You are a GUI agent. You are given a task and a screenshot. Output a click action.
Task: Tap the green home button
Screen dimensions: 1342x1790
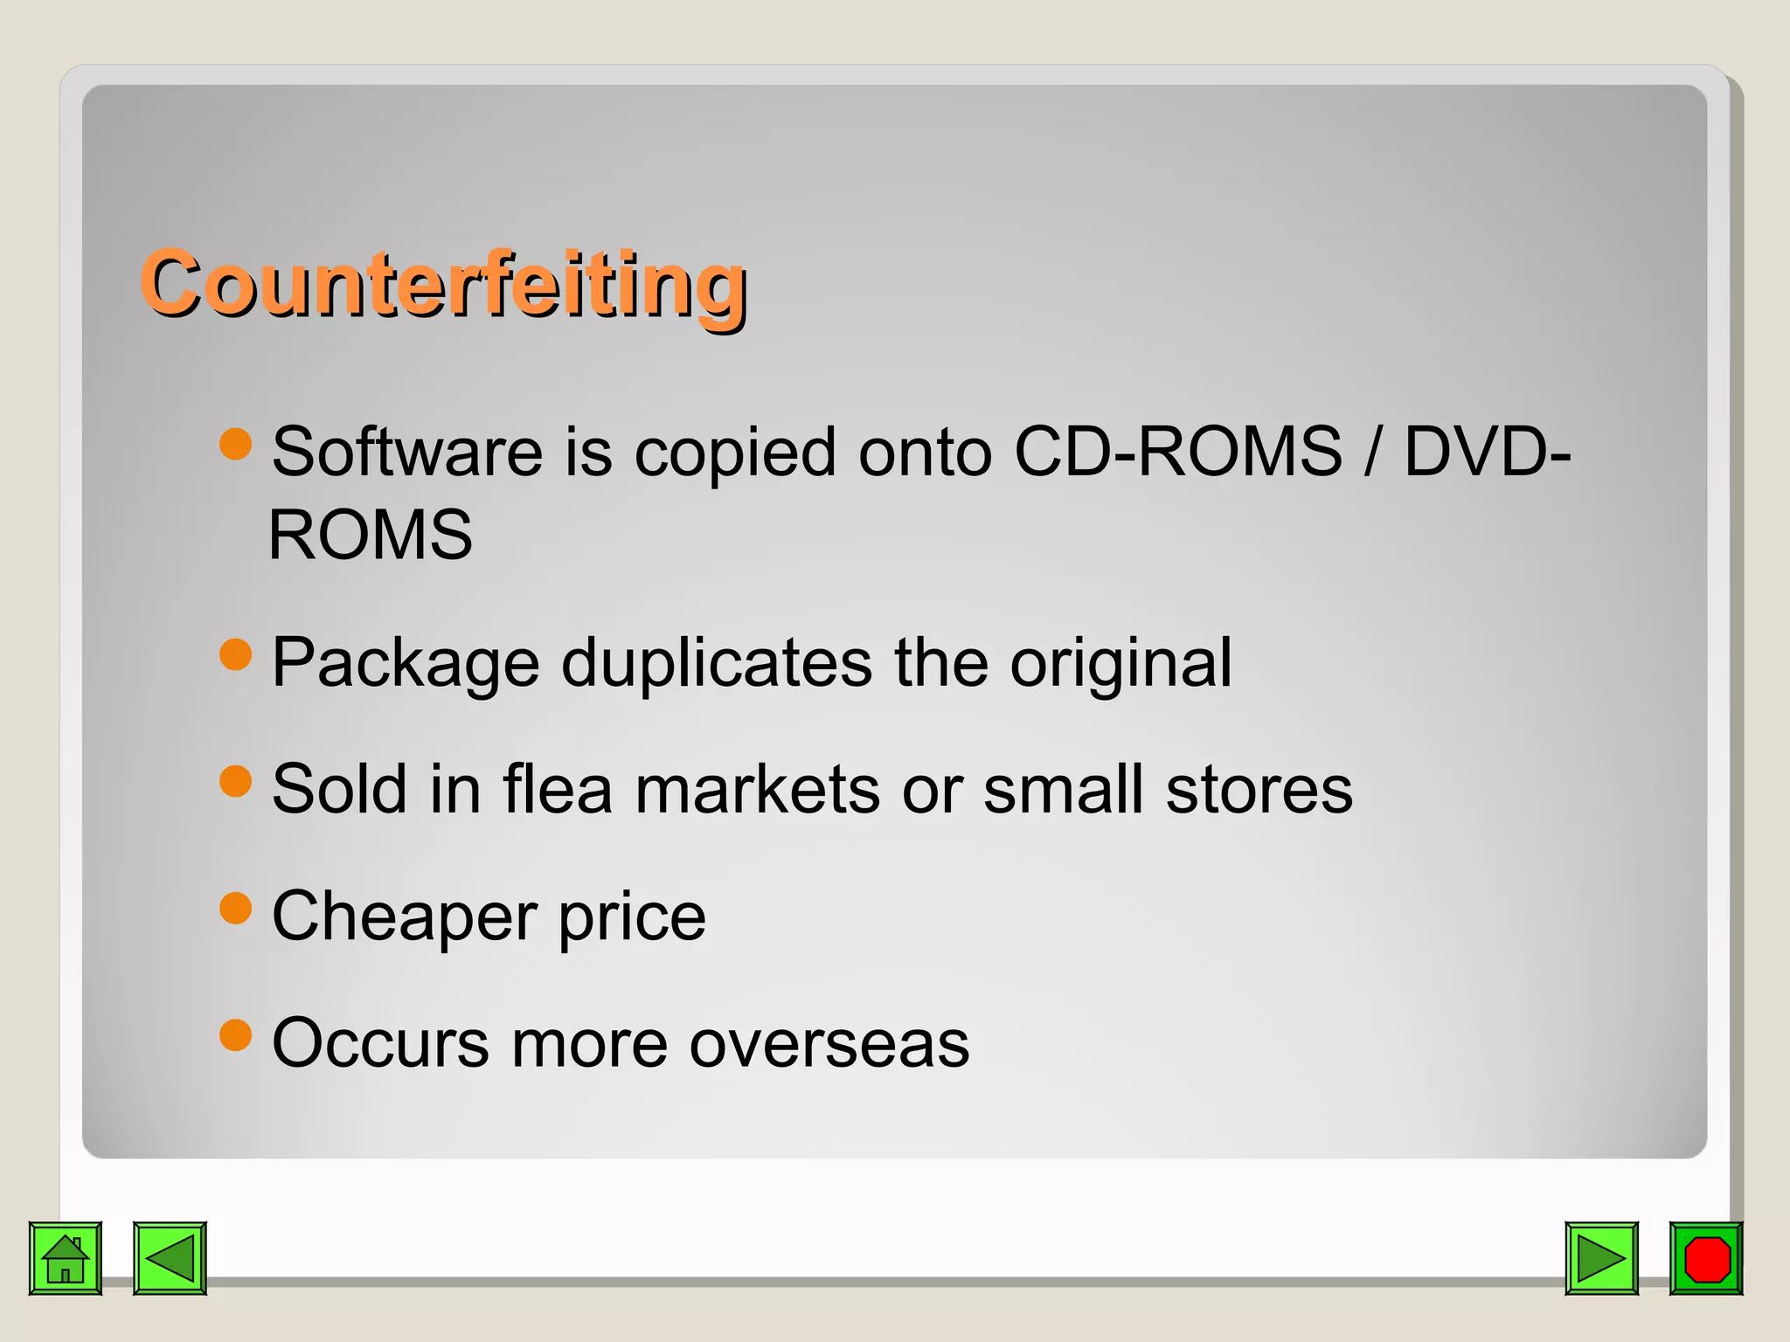point(66,1258)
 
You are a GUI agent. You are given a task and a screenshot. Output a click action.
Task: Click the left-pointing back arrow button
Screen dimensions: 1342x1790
point(170,1258)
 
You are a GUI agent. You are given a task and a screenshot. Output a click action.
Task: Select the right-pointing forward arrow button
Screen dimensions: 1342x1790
point(1601,1258)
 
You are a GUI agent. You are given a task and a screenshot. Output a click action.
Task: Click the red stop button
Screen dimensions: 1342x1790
point(1706,1258)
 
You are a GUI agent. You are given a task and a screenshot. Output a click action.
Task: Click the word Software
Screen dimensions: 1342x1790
point(407,452)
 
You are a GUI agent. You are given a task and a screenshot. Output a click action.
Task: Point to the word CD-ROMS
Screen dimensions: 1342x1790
point(1177,452)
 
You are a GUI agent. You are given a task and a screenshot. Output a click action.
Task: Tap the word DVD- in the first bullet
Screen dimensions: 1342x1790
point(1487,452)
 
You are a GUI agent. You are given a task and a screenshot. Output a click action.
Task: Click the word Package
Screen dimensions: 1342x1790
point(406,663)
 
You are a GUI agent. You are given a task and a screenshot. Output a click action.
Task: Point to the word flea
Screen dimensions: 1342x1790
point(558,789)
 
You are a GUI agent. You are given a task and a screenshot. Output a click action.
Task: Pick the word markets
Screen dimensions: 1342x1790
point(757,789)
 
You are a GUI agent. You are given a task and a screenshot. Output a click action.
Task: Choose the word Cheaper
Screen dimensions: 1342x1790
point(405,917)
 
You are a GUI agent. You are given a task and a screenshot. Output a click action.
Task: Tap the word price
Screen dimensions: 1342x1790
point(632,917)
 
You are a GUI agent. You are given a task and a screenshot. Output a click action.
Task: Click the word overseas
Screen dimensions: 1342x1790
point(829,1043)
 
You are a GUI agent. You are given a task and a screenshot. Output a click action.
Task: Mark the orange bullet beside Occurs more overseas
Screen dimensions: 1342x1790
point(236,1034)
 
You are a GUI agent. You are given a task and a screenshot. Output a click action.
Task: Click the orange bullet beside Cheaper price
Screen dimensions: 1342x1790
point(236,908)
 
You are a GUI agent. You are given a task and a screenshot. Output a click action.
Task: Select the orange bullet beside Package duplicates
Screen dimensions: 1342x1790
point(236,654)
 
